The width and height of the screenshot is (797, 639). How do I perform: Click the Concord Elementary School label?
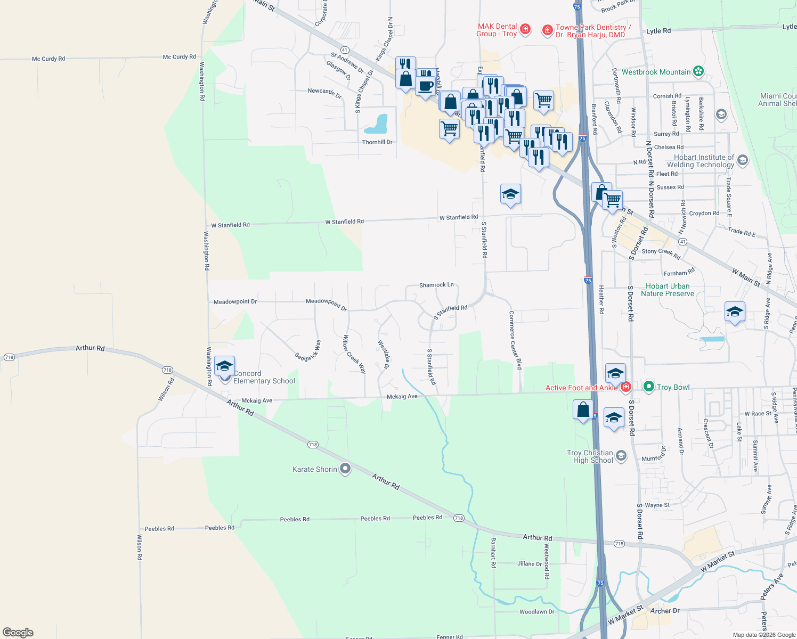pyautogui.click(x=264, y=378)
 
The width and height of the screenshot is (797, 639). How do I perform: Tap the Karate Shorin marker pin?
pyautogui.click(x=345, y=469)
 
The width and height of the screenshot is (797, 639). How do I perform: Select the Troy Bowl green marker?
pyautogui.click(x=648, y=387)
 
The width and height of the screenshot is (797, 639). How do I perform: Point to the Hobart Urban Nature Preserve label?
pyautogui.click(x=668, y=290)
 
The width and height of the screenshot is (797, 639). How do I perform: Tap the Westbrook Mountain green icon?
pyautogui.click(x=699, y=71)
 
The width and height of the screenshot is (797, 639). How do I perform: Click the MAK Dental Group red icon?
pyautogui.click(x=525, y=29)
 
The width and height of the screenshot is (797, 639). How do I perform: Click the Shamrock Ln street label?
pyautogui.click(x=436, y=285)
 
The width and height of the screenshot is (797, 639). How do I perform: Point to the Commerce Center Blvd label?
pyautogui.click(x=515, y=340)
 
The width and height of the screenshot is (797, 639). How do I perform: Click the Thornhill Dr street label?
pyautogui.click(x=377, y=142)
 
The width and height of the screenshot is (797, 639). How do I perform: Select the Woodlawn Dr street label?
pyautogui.click(x=536, y=612)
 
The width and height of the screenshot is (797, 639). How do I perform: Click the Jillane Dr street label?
pyautogui.click(x=530, y=563)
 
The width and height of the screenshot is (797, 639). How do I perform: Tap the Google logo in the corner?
pyautogui.click(x=18, y=633)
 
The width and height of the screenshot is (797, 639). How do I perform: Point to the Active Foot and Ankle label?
pyautogui.click(x=581, y=388)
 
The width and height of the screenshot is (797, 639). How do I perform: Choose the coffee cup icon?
pyautogui.click(x=425, y=86)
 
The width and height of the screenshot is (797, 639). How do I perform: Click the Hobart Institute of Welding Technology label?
pyautogui.click(x=703, y=161)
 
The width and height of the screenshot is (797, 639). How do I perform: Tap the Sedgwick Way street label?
pyautogui.click(x=308, y=350)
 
